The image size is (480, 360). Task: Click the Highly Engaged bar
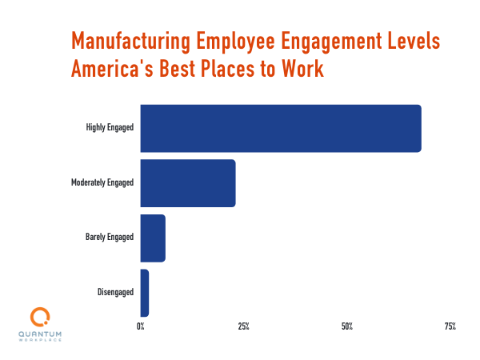tap(280, 128)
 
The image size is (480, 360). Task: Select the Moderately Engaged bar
tap(188, 183)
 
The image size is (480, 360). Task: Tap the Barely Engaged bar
tap(153, 238)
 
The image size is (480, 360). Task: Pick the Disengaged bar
tap(145, 293)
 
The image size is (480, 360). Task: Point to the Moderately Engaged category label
tap(102, 183)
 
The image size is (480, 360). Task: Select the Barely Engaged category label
tap(110, 238)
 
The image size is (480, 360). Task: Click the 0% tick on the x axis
tap(141, 326)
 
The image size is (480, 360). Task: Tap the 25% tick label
tap(243, 326)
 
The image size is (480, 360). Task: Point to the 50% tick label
tap(347, 326)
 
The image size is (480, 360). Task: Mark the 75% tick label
tap(450, 326)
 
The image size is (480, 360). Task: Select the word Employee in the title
tap(246, 41)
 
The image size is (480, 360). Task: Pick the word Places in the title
tap(235, 70)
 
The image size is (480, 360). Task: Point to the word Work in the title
tap(305, 70)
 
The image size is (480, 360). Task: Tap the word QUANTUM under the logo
tap(39, 334)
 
